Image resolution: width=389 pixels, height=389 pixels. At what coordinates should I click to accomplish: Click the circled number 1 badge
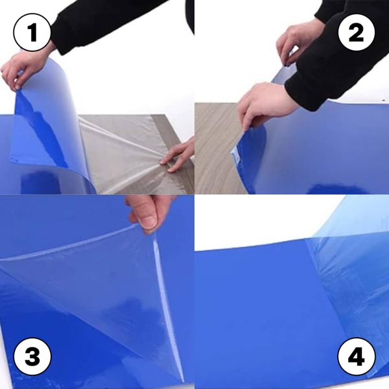pos(32,32)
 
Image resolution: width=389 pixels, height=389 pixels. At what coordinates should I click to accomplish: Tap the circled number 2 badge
pos(356,32)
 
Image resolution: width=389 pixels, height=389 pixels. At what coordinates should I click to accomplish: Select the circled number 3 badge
pos(32,356)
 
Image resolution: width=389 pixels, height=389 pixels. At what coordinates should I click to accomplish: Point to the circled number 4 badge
pos(356,356)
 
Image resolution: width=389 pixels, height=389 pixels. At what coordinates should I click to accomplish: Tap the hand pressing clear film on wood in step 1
pos(178,155)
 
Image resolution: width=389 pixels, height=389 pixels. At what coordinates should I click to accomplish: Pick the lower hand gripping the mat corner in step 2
pos(266,104)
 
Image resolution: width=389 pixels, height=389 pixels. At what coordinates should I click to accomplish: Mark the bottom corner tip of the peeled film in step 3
pos(183,381)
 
